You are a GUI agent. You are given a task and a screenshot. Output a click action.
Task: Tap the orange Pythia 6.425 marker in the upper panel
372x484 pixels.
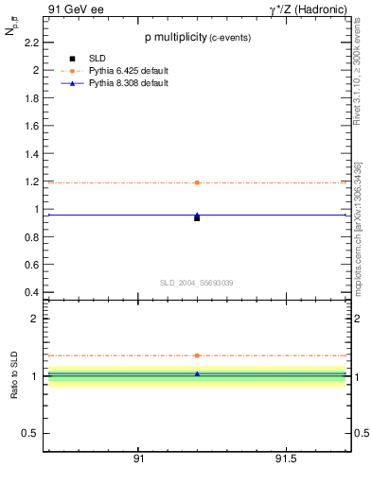(x=197, y=182)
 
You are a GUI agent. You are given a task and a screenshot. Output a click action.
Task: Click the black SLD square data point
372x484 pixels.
(x=197, y=217)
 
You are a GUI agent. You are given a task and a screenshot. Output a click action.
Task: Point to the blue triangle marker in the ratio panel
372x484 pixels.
(x=197, y=373)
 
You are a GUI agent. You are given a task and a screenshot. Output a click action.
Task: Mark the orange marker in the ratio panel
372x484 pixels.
(x=197, y=355)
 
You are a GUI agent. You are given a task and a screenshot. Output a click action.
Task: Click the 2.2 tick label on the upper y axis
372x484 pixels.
(x=31, y=43)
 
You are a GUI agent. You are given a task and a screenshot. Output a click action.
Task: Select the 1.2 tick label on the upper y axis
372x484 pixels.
(x=31, y=181)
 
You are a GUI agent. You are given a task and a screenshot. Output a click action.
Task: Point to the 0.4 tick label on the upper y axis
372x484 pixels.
(x=31, y=292)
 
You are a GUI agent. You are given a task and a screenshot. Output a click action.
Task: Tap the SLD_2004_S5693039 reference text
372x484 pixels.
(x=196, y=283)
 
